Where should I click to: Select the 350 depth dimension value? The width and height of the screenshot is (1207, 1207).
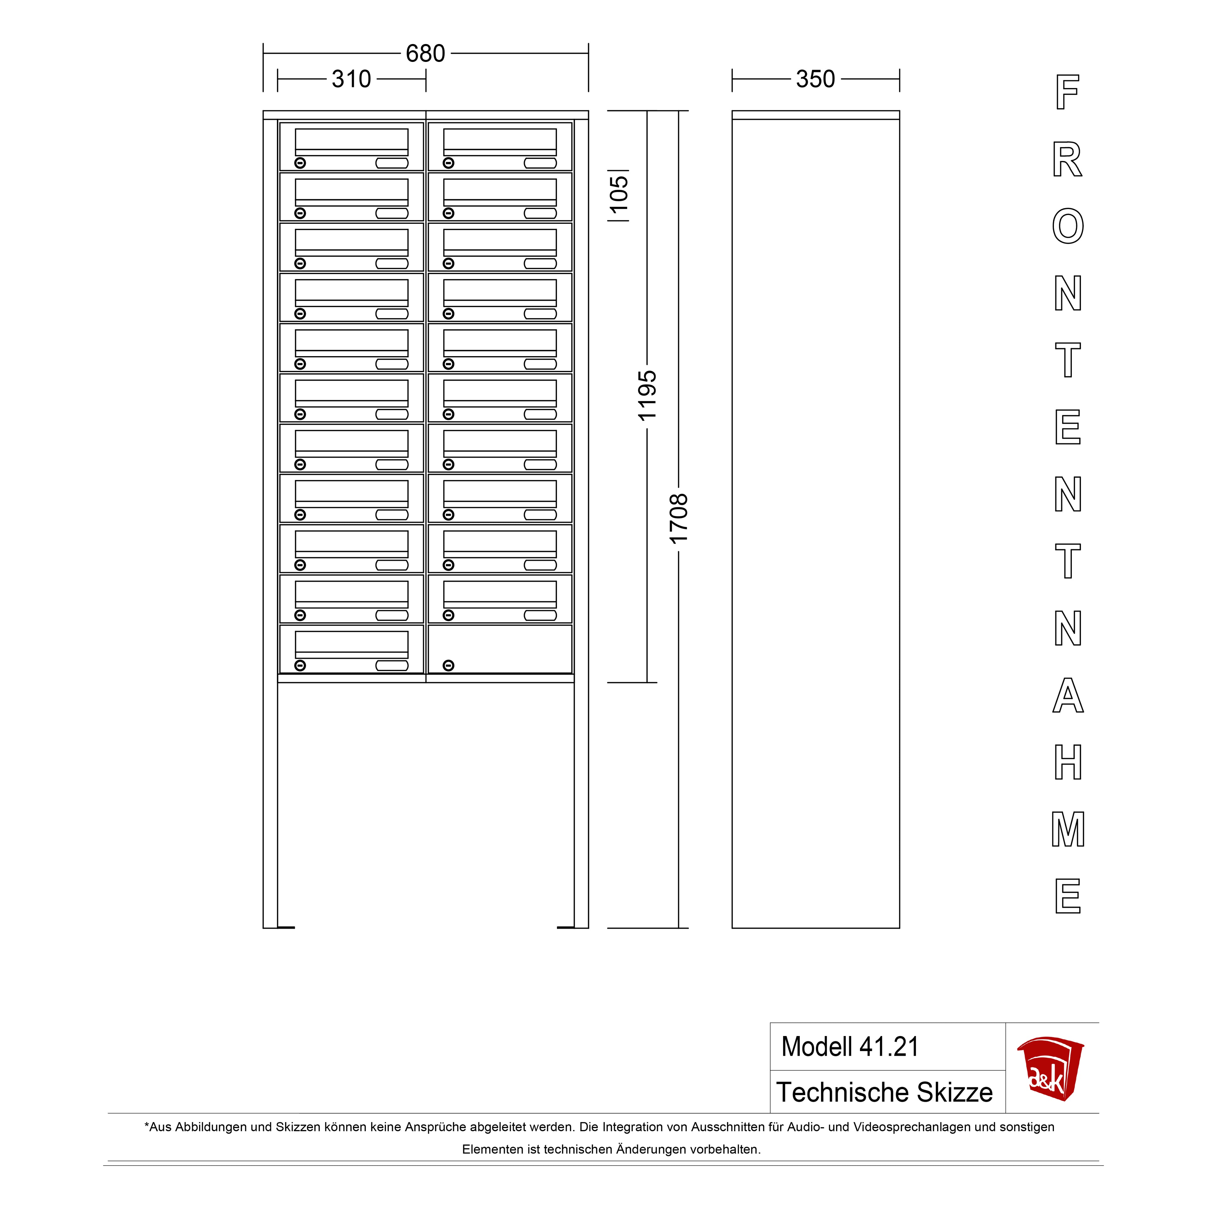815,79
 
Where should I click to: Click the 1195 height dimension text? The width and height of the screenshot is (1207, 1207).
647,395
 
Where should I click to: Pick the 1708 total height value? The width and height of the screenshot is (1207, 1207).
679,519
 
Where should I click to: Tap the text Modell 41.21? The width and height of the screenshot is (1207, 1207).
850,1047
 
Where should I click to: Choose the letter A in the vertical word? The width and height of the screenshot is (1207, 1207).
1068,695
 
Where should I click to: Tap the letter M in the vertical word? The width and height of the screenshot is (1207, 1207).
1068,829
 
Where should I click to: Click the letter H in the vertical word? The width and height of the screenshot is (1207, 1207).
1068,762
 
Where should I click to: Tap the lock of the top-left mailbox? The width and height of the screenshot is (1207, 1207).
300,163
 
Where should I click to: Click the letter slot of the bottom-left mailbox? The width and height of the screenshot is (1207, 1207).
392,665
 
